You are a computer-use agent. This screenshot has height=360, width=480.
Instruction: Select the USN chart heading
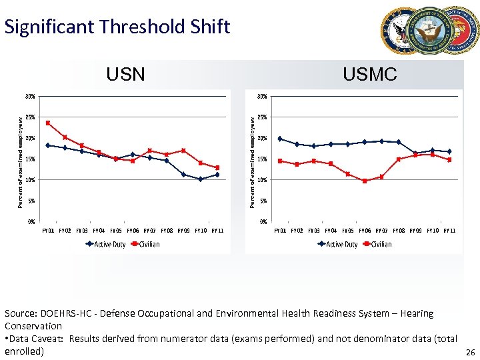click(x=125, y=74)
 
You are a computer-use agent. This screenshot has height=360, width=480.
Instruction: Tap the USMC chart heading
click(x=369, y=74)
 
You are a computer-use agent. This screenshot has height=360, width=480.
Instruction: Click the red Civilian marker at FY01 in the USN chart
click(x=48, y=123)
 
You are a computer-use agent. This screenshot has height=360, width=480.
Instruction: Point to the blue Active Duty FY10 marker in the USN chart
click(x=200, y=179)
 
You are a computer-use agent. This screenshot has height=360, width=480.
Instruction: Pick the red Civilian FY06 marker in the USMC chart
click(x=365, y=181)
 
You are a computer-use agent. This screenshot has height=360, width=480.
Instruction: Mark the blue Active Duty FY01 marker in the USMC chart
click(x=280, y=139)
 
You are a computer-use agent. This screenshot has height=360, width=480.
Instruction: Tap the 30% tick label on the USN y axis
click(x=30, y=96)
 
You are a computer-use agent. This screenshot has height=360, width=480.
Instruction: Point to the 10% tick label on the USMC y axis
click(x=262, y=180)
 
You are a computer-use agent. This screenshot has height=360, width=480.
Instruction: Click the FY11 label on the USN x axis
click(x=217, y=231)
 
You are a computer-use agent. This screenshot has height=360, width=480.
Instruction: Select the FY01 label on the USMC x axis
click(x=281, y=231)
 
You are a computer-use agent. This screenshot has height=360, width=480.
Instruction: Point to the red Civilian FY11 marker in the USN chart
click(x=217, y=167)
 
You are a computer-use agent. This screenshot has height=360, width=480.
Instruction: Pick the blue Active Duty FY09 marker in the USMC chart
click(x=415, y=153)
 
